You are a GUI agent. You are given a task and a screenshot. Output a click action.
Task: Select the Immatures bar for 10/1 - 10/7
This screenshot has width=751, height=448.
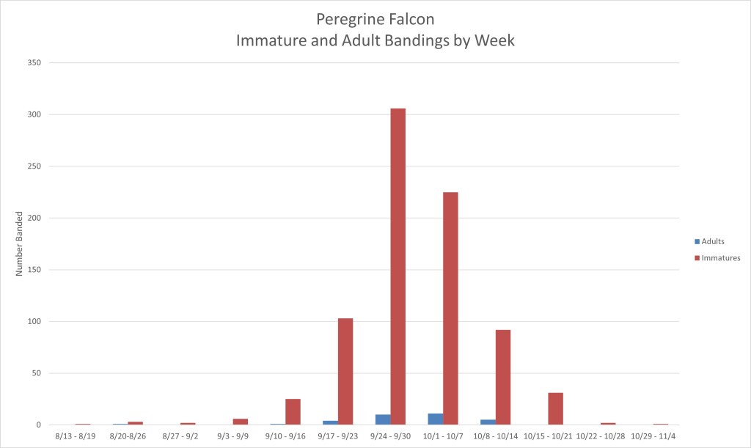(x=450, y=308)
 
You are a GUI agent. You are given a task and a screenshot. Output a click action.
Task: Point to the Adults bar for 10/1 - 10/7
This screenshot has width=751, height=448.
(x=435, y=419)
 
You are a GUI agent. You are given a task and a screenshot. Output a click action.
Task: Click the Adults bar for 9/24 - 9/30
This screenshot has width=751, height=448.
(x=383, y=419)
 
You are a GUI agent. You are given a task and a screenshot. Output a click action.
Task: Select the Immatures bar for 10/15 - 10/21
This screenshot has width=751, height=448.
(x=555, y=408)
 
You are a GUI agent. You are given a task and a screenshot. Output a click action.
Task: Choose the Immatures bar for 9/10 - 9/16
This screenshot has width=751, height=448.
(x=293, y=411)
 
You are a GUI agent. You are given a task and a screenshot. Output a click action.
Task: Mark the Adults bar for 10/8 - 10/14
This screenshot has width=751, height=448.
(x=488, y=422)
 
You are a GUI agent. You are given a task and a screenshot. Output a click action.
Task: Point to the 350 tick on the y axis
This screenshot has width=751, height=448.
(x=34, y=63)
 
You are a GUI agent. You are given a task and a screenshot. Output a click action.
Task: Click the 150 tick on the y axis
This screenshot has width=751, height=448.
(x=34, y=270)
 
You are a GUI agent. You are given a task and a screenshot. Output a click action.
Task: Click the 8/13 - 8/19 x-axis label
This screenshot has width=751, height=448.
(x=76, y=436)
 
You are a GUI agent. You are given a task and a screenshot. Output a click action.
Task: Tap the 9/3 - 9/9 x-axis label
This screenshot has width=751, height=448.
(x=232, y=436)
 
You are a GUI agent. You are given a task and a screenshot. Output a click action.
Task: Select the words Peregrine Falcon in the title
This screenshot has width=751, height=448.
(x=375, y=18)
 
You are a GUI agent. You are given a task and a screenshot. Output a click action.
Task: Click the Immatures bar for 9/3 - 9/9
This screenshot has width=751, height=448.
(x=241, y=422)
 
